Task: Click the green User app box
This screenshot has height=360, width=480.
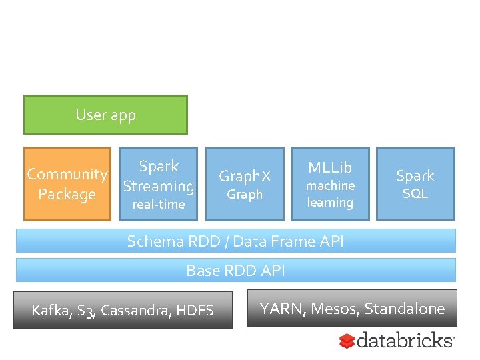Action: click(105, 115)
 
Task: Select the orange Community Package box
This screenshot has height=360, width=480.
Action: click(67, 184)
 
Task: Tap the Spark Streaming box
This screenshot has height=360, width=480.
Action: click(159, 184)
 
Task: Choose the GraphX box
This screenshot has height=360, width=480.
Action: click(245, 184)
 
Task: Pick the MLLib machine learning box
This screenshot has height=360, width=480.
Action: click(330, 184)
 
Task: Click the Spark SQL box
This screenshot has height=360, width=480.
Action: click(415, 184)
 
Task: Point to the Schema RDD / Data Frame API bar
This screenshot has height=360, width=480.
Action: click(235, 241)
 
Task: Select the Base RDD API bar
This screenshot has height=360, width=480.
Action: click(235, 270)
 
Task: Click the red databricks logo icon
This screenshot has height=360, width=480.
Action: click(347, 341)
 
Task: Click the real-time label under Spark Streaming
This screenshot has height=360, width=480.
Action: click(159, 205)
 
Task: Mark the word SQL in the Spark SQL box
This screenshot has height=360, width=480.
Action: click(415, 194)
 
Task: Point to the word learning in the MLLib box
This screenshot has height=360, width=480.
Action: click(330, 202)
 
